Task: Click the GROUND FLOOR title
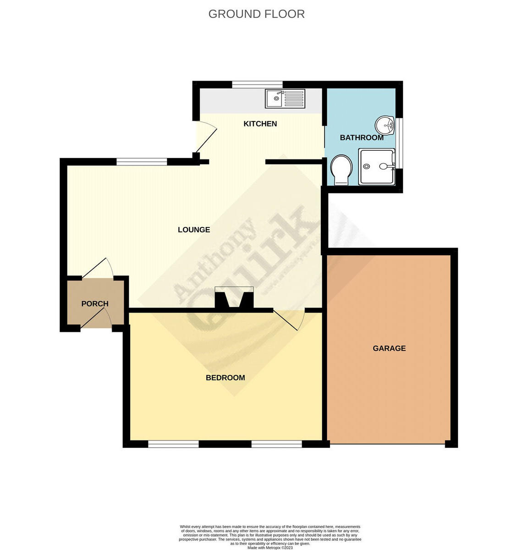[x=256, y=14]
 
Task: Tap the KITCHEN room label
[x=260, y=124]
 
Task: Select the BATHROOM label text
[x=361, y=137]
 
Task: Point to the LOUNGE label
[x=194, y=230]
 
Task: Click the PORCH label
[x=95, y=303]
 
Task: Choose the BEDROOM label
[x=225, y=378]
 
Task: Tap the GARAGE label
[x=389, y=348]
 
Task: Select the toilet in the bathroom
[x=341, y=169]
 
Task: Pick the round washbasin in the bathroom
[x=386, y=125]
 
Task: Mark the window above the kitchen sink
[x=257, y=84]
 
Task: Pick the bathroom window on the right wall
[x=399, y=143]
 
